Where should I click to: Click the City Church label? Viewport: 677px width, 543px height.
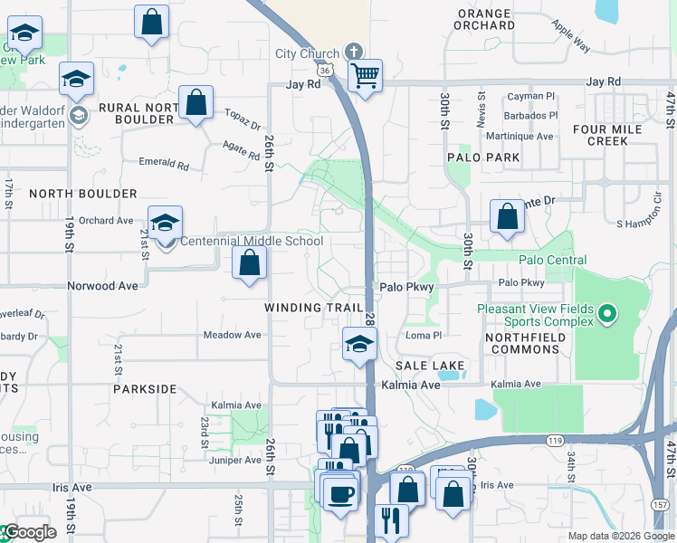coord(307,53)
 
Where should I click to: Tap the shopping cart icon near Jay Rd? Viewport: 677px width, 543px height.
coord(365,76)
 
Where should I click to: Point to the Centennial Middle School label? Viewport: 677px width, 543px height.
coord(252,242)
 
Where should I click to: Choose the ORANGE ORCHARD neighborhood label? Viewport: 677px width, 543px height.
coord(486,19)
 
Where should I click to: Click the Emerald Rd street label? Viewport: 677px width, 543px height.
coord(164,166)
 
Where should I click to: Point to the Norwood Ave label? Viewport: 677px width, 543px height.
coord(102,285)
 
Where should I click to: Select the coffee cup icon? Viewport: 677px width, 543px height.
coord(340,493)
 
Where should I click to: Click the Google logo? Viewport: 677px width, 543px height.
coord(29,532)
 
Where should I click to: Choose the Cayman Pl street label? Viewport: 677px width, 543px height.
coord(531,96)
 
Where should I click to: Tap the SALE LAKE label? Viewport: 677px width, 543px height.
coord(430,366)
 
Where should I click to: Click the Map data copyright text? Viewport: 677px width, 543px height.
coord(621,536)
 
